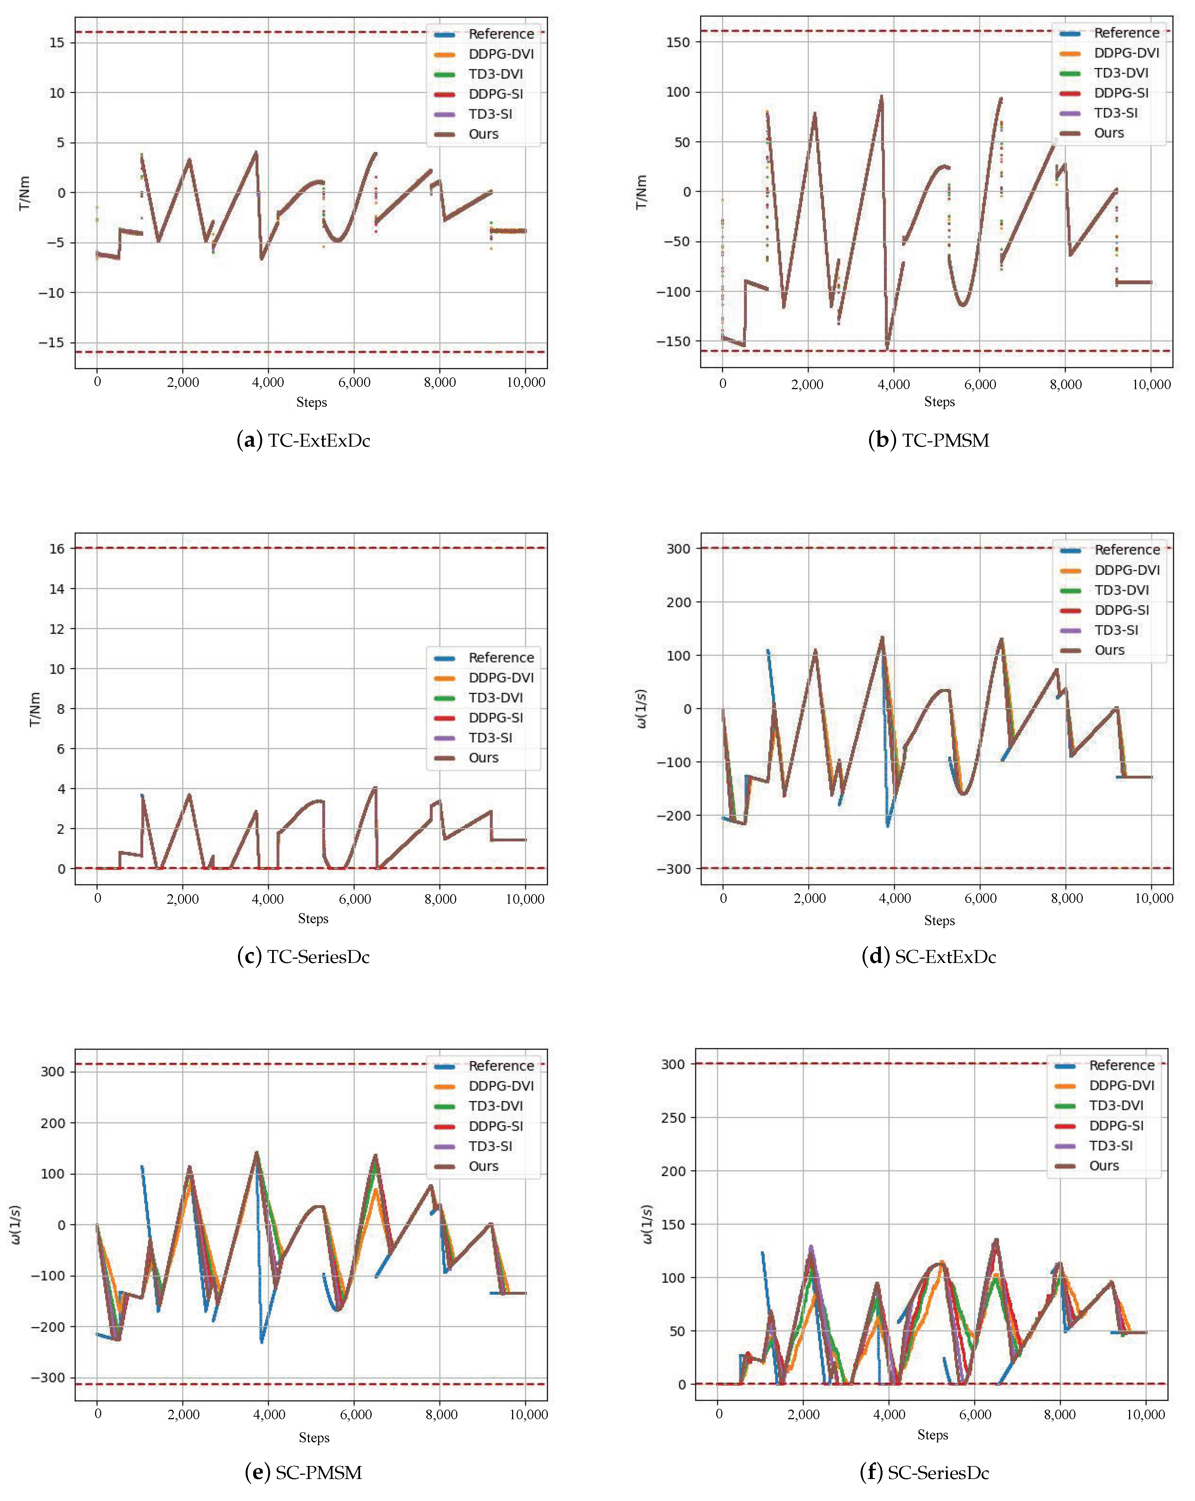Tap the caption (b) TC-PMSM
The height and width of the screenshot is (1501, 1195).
click(x=929, y=440)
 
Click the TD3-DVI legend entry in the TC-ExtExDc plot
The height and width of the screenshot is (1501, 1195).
click(x=495, y=74)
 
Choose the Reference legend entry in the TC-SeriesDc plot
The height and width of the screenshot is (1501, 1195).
click(x=501, y=657)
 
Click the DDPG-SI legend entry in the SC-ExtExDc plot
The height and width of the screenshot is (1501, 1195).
click(x=1121, y=610)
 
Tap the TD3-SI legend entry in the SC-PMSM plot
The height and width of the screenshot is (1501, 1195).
click(x=490, y=1146)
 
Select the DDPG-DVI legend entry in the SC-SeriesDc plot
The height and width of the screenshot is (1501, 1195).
click(x=1121, y=1085)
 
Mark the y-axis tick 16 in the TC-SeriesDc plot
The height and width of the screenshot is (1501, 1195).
click(x=57, y=549)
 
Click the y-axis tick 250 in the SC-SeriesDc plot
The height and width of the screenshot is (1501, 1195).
click(x=673, y=1118)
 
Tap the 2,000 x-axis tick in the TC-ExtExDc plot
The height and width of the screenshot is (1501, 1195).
click(x=182, y=382)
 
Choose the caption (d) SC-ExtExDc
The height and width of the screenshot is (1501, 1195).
click(x=929, y=956)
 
